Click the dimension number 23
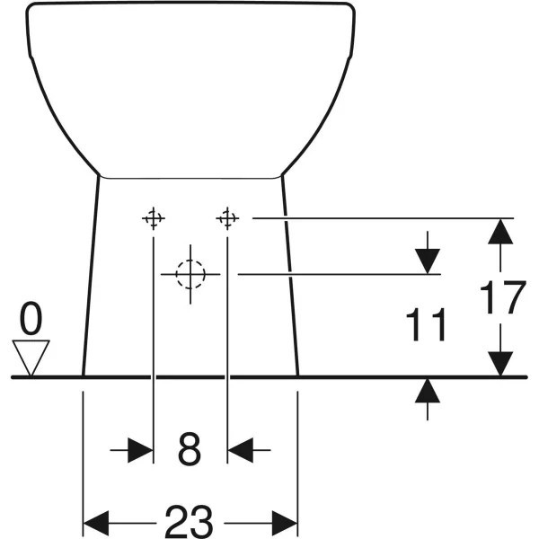tap(189, 521)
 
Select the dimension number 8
tap(190, 449)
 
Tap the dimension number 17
tap(502, 297)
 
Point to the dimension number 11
tap(426, 324)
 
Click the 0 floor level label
tap(31, 318)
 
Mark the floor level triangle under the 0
tap(31, 358)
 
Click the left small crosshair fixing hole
tap(154, 218)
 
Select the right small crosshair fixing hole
tap(227, 218)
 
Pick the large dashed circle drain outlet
tap(190, 274)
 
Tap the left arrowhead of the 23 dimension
tap(96, 523)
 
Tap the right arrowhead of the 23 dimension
tap(285, 523)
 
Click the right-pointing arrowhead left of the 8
tap(140, 450)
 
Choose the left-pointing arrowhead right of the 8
tap(240, 450)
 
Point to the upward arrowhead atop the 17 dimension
tap(500, 232)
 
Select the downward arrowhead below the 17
tap(500, 364)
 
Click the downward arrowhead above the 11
tap(428, 261)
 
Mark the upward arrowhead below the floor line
tap(428, 390)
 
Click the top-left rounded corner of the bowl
tap(31, 7)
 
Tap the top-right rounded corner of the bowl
tap(350, 7)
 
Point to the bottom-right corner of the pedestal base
tap(297, 376)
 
